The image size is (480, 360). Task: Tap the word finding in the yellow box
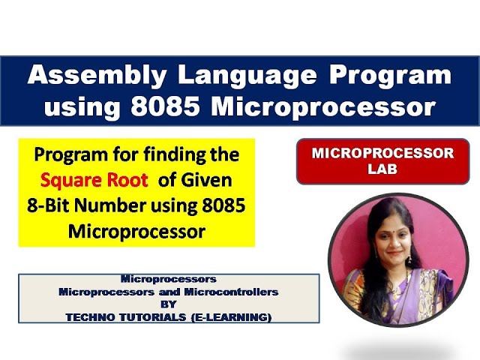pyautogui.click(x=168, y=156)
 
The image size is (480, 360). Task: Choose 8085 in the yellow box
pyautogui.click(x=220, y=206)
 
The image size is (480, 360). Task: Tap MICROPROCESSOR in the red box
pyautogui.click(x=382, y=154)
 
